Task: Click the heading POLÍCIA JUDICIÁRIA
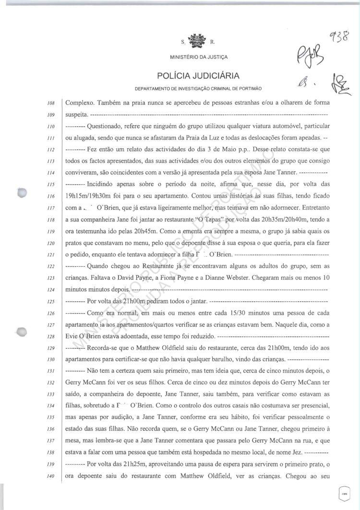pos(199,76)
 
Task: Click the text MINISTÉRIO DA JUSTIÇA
pos(199,57)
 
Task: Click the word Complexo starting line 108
pos(80,103)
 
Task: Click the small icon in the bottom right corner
pos(343,493)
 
